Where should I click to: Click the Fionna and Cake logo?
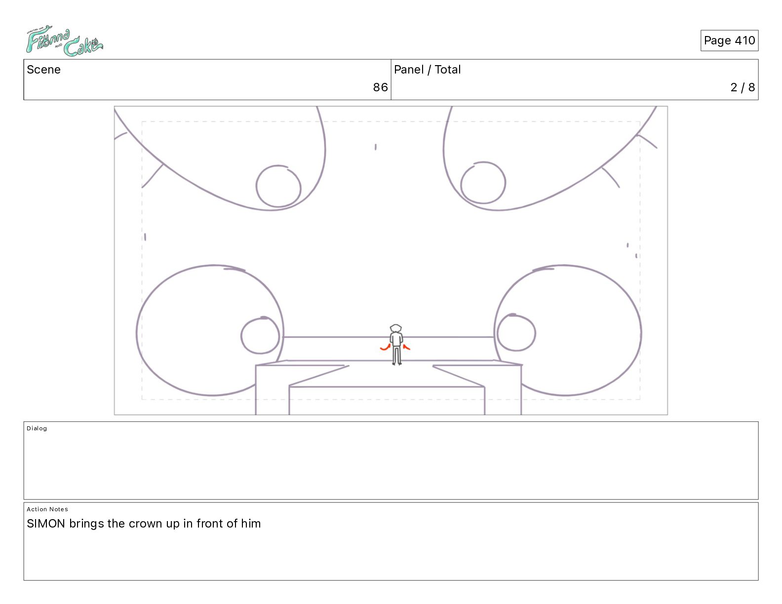[64, 41]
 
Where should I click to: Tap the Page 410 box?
[729, 40]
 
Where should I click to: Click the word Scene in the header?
[43, 70]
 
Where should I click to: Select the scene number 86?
[380, 87]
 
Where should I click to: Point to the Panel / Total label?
[427, 70]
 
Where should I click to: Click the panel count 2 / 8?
[743, 87]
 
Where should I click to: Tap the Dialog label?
[37, 428]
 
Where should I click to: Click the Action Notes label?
[47, 509]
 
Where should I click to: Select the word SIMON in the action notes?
[46, 524]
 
